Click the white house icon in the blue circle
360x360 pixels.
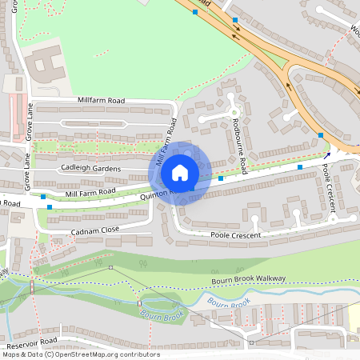180,172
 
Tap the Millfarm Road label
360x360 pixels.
102,101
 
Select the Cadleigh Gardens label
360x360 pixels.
91,169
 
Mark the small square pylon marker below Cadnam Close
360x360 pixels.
111,267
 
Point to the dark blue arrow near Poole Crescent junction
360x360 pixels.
328,154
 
